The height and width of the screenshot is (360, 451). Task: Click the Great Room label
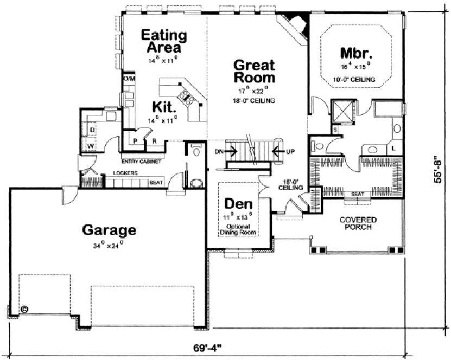(x=254, y=72)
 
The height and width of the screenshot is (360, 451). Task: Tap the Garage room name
(x=109, y=230)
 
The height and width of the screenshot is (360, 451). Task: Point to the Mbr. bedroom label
(x=356, y=53)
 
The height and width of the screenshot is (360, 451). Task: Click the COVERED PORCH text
(x=359, y=223)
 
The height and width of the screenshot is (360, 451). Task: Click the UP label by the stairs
(x=290, y=151)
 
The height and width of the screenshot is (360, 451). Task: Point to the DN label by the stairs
(x=219, y=151)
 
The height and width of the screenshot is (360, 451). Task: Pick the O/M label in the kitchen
(x=129, y=79)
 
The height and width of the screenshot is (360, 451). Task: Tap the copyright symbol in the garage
(x=24, y=310)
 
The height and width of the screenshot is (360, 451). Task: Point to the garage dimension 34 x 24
(x=109, y=245)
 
